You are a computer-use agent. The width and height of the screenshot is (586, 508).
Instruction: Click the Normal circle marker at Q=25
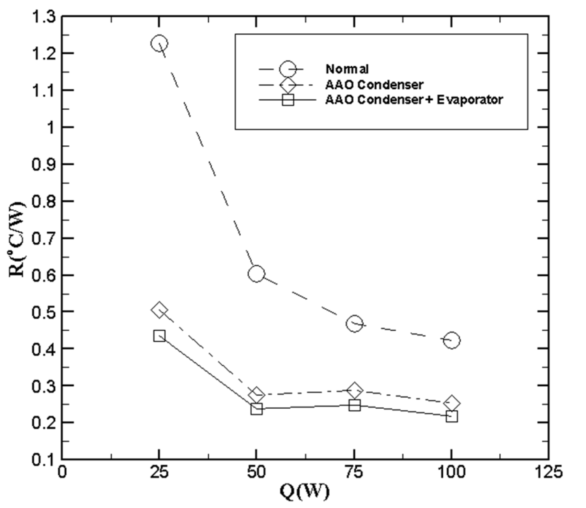(159, 44)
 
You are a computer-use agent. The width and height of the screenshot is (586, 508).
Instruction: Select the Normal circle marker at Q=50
(256, 274)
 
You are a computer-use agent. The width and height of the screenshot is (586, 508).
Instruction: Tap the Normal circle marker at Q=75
(354, 324)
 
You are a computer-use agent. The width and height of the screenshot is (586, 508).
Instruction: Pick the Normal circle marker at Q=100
(452, 340)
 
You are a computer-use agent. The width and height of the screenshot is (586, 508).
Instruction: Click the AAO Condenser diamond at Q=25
(159, 311)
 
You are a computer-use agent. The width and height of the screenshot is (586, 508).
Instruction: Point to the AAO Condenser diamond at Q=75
(354, 390)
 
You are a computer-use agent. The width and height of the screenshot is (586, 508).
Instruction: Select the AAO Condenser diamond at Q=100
(452, 403)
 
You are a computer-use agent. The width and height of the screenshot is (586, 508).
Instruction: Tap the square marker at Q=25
(159, 336)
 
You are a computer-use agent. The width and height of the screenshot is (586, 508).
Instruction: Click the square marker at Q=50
(256, 409)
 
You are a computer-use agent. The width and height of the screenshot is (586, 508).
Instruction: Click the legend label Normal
(347, 69)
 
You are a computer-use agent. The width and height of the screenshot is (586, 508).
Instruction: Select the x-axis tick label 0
(62, 472)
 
